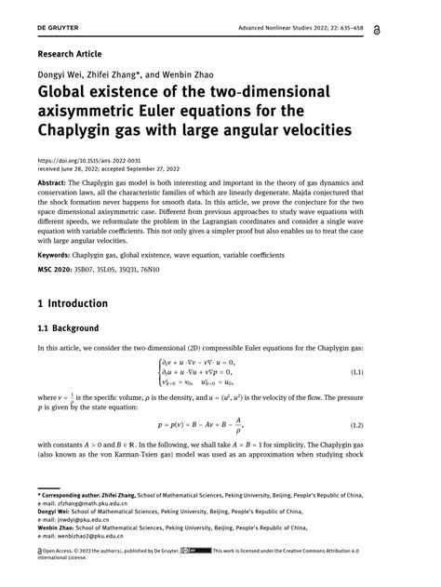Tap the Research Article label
[69, 55]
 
